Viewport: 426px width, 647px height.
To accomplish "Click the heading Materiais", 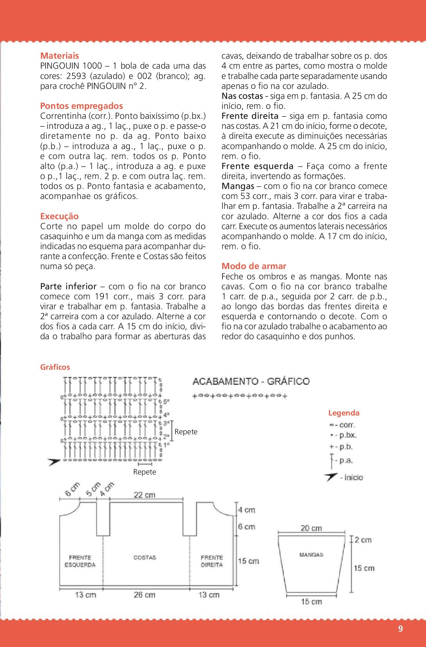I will pyautogui.click(x=60, y=56).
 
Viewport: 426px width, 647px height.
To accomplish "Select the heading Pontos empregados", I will pyautogui.click(x=82, y=106).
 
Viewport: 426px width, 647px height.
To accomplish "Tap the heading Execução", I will pyautogui.click(x=59, y=216).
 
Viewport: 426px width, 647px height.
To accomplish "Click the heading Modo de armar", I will pyautogui.click(x=254, y=266).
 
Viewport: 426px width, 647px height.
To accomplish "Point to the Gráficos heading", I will pyautogui.click(x=55, y=367).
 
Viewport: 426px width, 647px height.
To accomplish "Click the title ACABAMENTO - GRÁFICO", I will pyautogui.click(x=251, y=381).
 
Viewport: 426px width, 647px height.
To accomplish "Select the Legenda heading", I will pyautogui.click(x=344, y=413).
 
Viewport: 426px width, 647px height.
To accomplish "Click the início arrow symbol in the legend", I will pyautogui.click(x=331, y=477).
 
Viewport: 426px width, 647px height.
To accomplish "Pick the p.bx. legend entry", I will pyautogui.click(x=344, y=435).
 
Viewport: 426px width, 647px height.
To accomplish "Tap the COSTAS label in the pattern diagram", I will pyautogui.click(x=145, y=558).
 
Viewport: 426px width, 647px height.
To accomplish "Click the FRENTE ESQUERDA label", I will pyautogui.click(x=80, y=561).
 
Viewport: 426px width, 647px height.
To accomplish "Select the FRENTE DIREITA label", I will pyautogui.click(x=212, y=561).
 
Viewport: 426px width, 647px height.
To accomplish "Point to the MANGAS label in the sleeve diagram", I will pyautogui.click(x=311, y=555).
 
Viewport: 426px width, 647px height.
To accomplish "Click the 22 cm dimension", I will pyautogui.click(x=144, y=495).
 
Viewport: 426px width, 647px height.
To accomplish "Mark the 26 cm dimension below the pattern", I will pyautogui.click(x=144, y=595).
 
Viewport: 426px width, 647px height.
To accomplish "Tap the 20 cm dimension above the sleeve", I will pyautogui.click(x=311, y=528).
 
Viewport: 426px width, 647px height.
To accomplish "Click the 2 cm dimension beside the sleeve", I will pyautogui.click(x=363, y=540).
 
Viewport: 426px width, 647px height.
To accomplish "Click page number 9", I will pyautogui.click(x=400, y=629).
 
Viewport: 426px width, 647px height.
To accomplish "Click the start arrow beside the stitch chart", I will pyautogui.click(x=54, y=462).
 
